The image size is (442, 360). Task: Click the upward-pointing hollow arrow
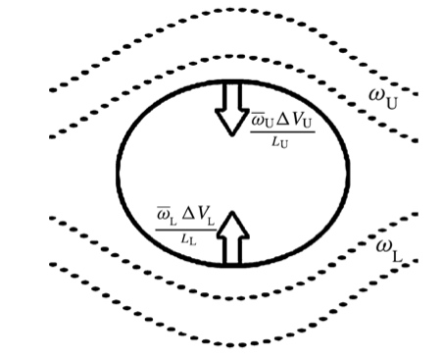coord(232,238)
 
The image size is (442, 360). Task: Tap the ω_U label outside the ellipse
coord(383,99)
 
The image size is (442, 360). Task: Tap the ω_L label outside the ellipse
coord(389,250)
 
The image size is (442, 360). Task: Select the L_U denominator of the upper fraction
coord(280,142)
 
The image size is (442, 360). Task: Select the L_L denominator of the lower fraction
coord(188,239)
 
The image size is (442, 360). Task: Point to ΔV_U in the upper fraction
coord(295,121)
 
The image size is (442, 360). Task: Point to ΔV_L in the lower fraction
coord(198,216)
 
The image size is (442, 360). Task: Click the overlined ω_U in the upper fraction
coord(262,121)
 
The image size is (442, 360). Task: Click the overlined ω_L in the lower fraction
coord(167,217)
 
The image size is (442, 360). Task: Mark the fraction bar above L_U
coord(282,132)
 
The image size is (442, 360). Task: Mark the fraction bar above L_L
coord(185,230)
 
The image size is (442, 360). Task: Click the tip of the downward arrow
coord(232,136)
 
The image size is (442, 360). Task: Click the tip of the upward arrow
coord(232,211)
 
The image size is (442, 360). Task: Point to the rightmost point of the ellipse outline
coord(349,170)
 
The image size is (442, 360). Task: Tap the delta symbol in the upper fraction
coord(283,121)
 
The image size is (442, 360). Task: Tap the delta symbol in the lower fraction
coord(187,215)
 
